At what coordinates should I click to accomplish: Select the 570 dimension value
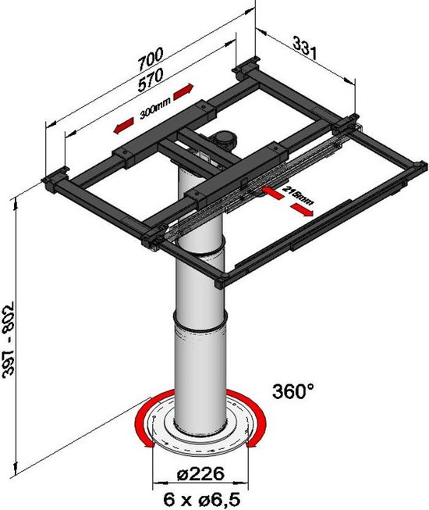(151, 80)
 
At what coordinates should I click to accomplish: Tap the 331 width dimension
(304, 48)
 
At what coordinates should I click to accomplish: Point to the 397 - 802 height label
(8, 340)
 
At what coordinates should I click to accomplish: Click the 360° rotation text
(293, 391)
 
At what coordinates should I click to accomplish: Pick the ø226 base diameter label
(200, 474)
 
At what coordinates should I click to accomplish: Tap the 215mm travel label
(298, 195)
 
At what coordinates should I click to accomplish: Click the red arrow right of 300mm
(183, 91)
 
